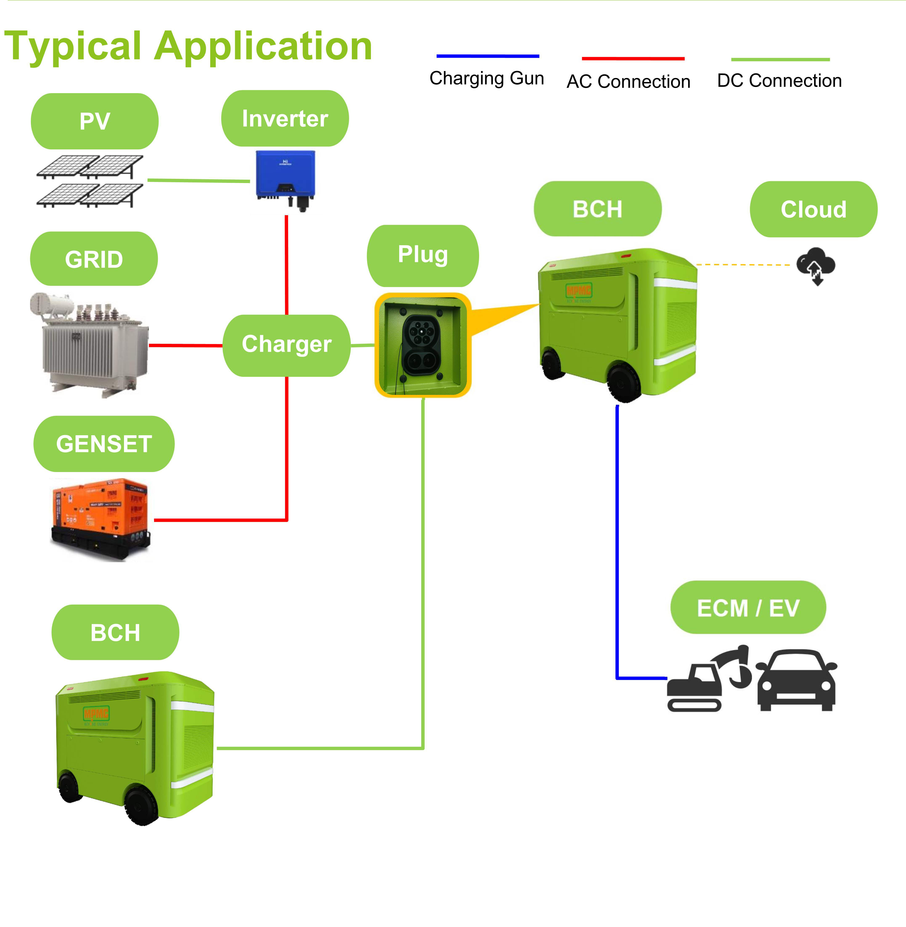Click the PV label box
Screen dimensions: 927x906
[x=95, y=121]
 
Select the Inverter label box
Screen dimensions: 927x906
[x=285, y=118]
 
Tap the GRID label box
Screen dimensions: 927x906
[x=94, y=259]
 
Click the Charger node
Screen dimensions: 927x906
[x=286, y=345]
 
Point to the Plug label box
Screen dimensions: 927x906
[x=423, y=255]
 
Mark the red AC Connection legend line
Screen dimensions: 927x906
[x=633, y=58]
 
